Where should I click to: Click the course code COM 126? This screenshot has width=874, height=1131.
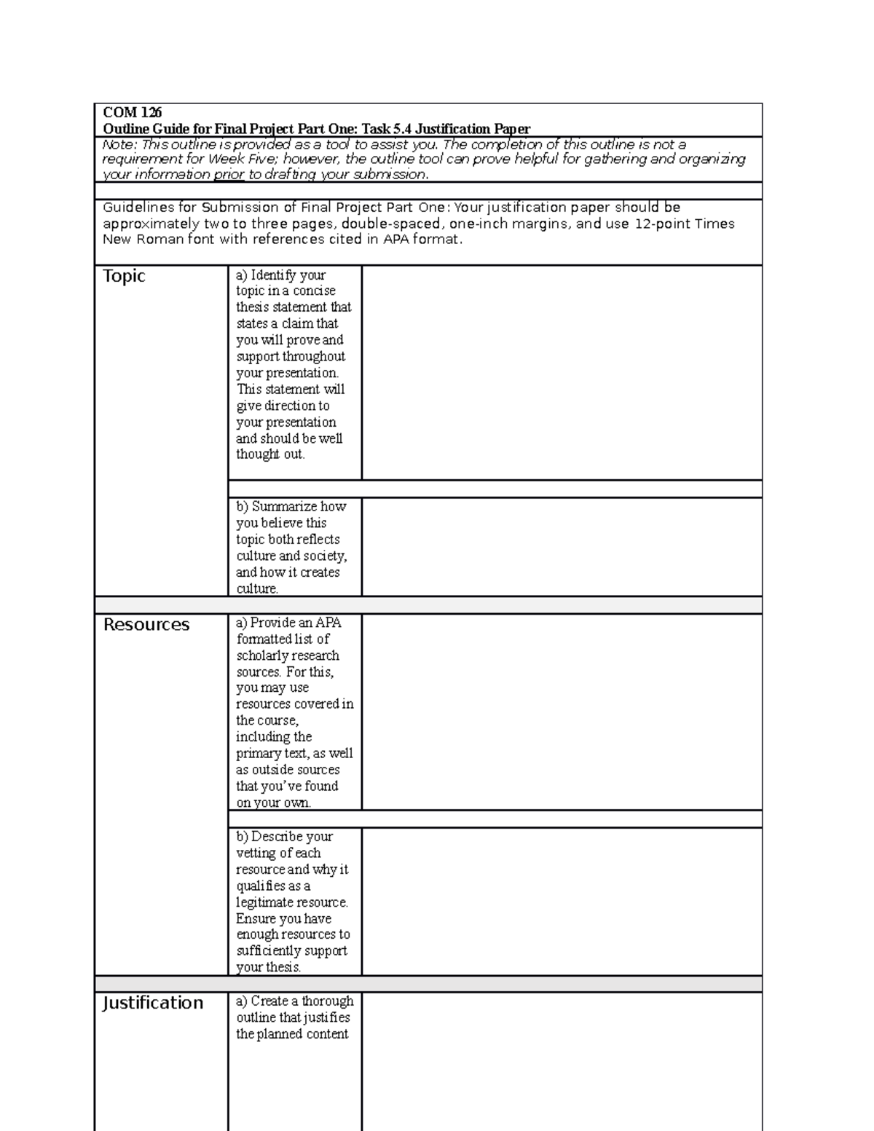pos(132,112)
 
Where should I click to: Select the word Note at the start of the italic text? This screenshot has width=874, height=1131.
pos(117,144)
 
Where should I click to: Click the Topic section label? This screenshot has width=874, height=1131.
pos(124,276)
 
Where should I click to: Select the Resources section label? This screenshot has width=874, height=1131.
pos(146,625)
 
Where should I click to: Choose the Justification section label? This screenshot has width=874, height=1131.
pos(152,1003)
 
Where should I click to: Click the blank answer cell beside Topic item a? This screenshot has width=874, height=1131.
pos(562,372)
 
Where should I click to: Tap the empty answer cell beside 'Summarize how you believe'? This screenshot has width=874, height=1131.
pos(562,547)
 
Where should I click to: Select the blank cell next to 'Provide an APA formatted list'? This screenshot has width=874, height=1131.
pos(562,712)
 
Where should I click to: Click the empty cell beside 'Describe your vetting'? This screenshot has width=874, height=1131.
pos(562,901)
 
